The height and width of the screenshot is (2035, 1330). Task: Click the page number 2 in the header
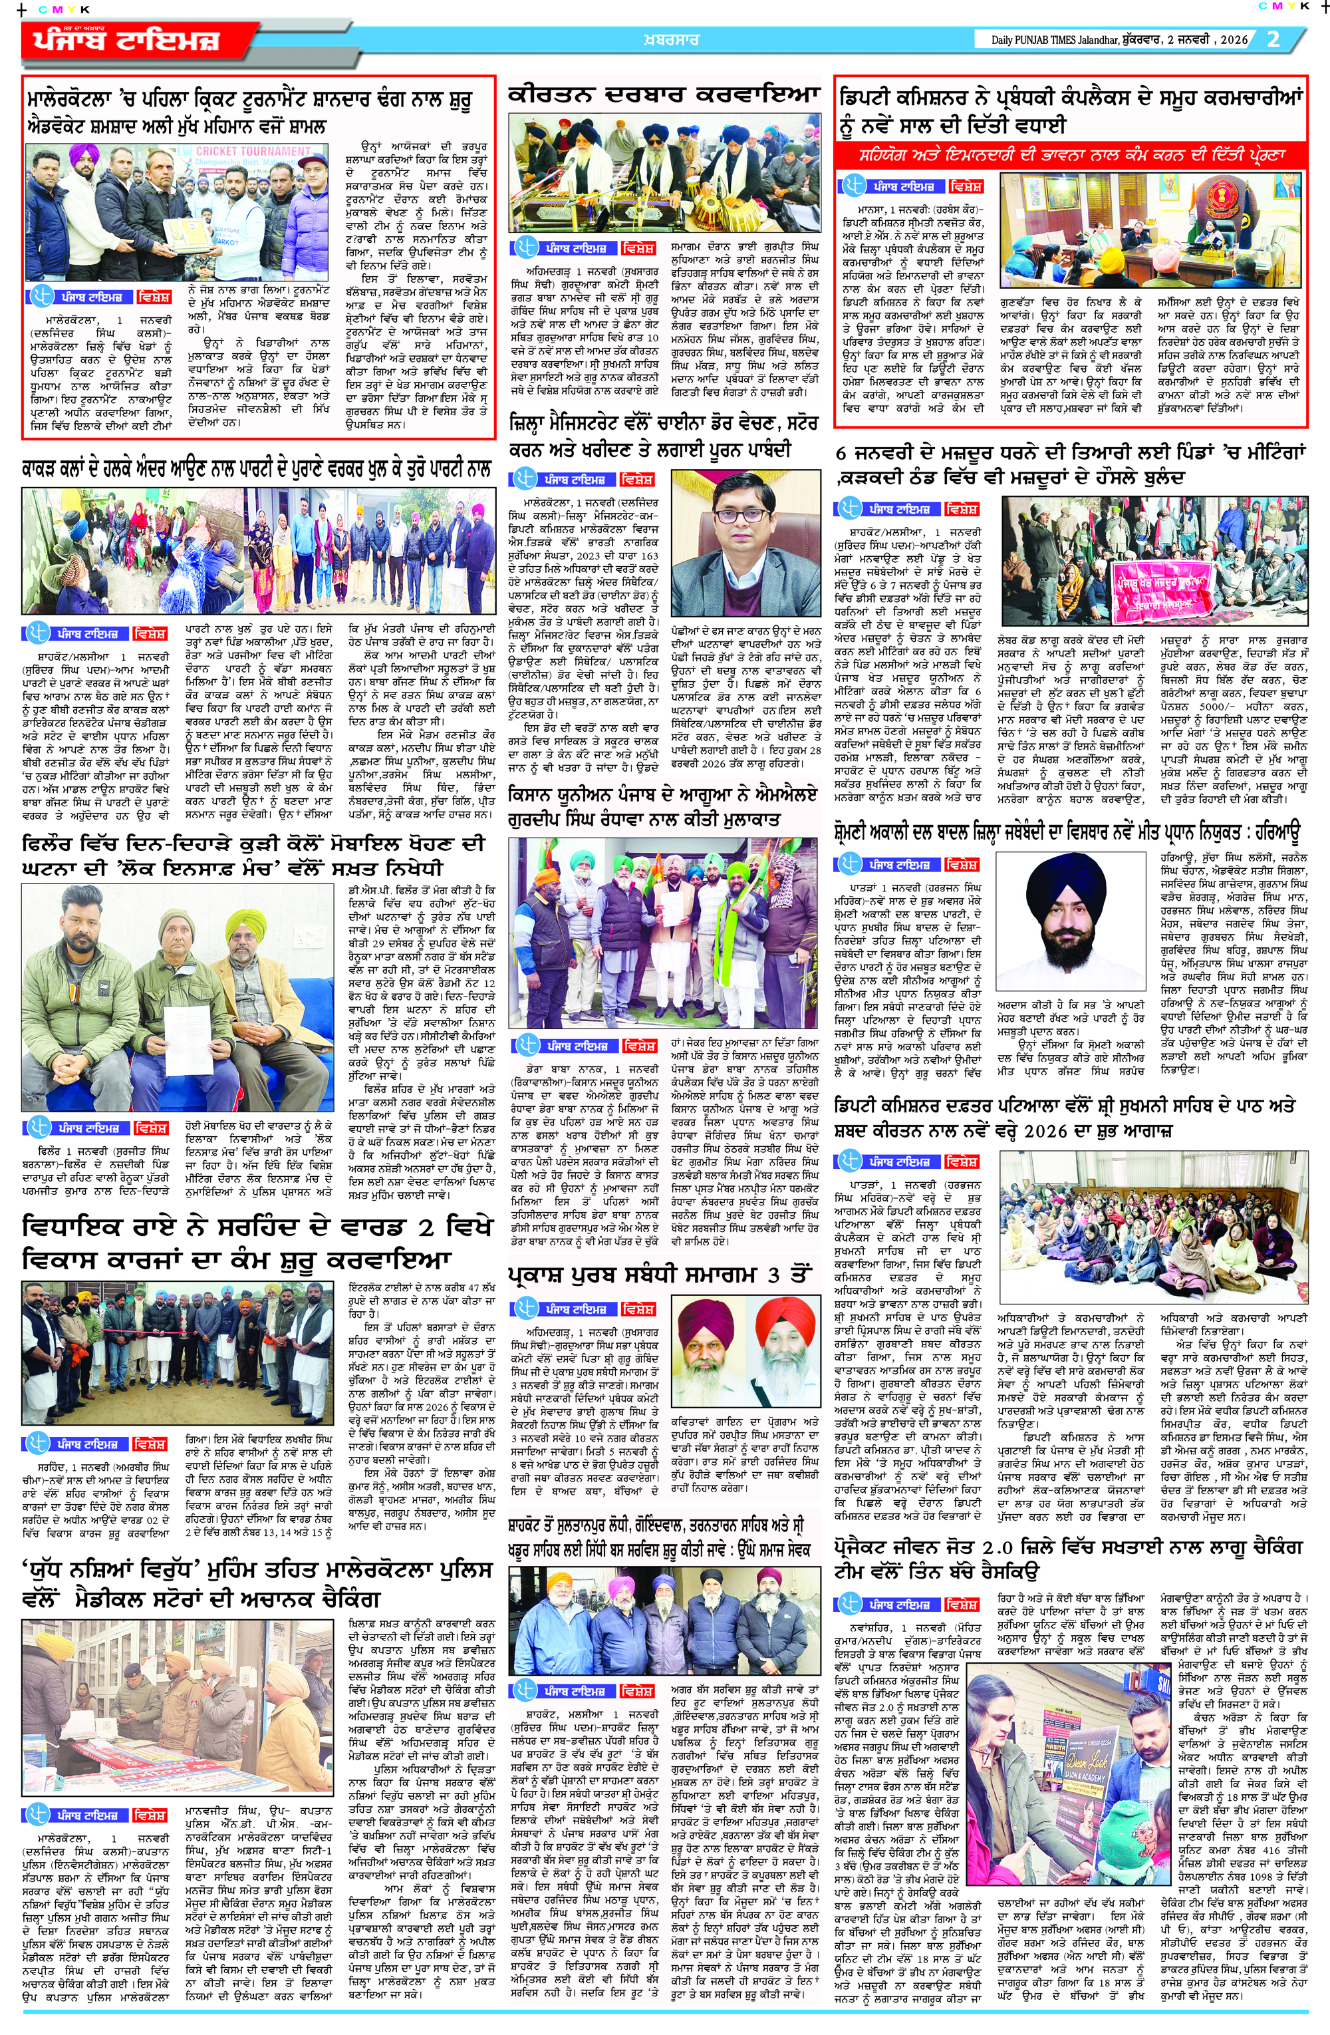tap(1273, 39)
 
